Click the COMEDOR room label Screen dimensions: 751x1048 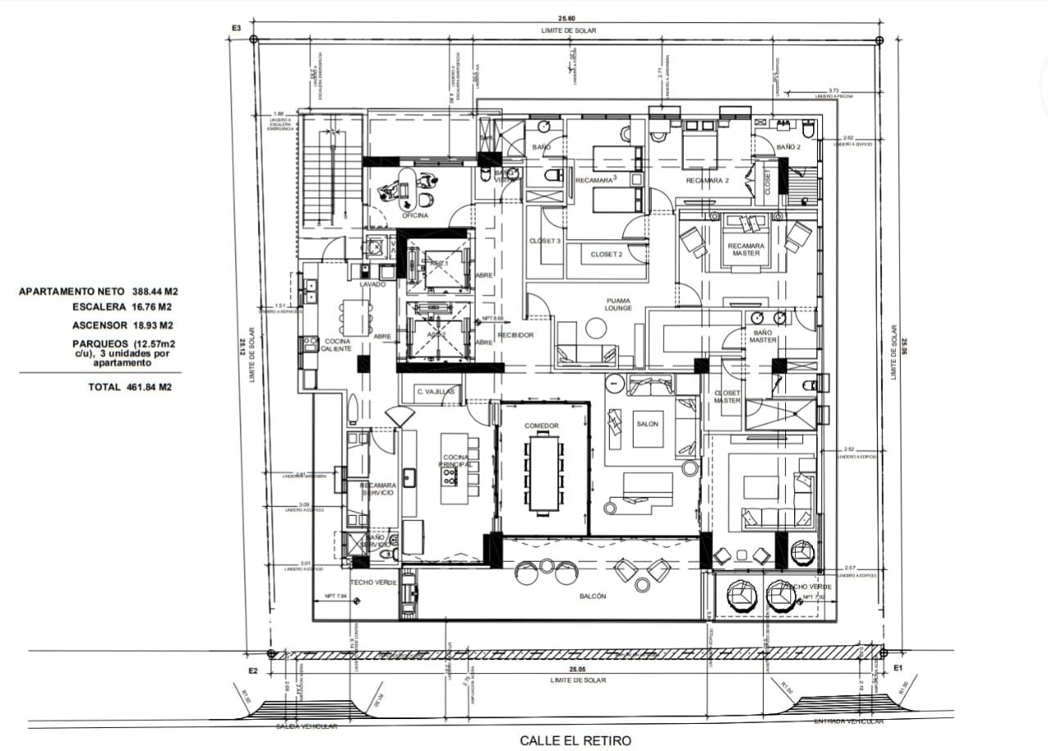pyautogui.click(x=542, y=426)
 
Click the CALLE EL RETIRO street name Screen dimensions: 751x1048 pyautogui.click(x=576, y=740)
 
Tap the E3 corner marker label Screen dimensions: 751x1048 pyautogui.click(x=237, y=29)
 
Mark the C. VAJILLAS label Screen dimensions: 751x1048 pyautogui.click(x=436, y=392)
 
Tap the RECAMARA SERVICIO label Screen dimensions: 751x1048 pyautogui.click(x=377, y=489)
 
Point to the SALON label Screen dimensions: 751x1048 pyautogui.click(x=647, y=423)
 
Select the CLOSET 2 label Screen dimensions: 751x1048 pyautogui.click(x=607, y=255)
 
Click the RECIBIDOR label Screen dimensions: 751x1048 pyautogui.click(x=516, y=335)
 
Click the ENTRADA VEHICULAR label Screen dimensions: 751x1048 pyautogui.click(x=848, y=722)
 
